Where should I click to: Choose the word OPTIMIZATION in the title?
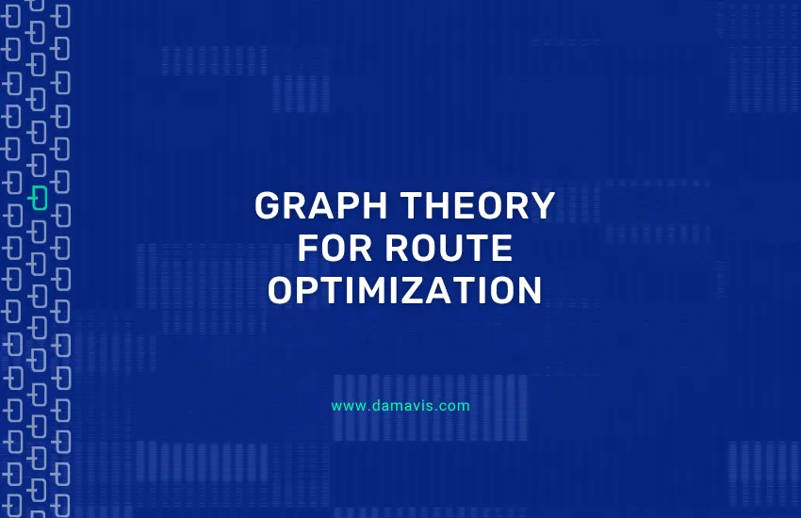click(404, 291)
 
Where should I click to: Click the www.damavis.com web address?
click(400, 407)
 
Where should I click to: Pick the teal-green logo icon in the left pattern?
click(39, 197)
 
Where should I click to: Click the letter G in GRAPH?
click(268, 206)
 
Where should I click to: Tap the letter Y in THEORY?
click(542, 206)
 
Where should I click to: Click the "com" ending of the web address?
click(456, 407)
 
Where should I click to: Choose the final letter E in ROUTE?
click(502, 249)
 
